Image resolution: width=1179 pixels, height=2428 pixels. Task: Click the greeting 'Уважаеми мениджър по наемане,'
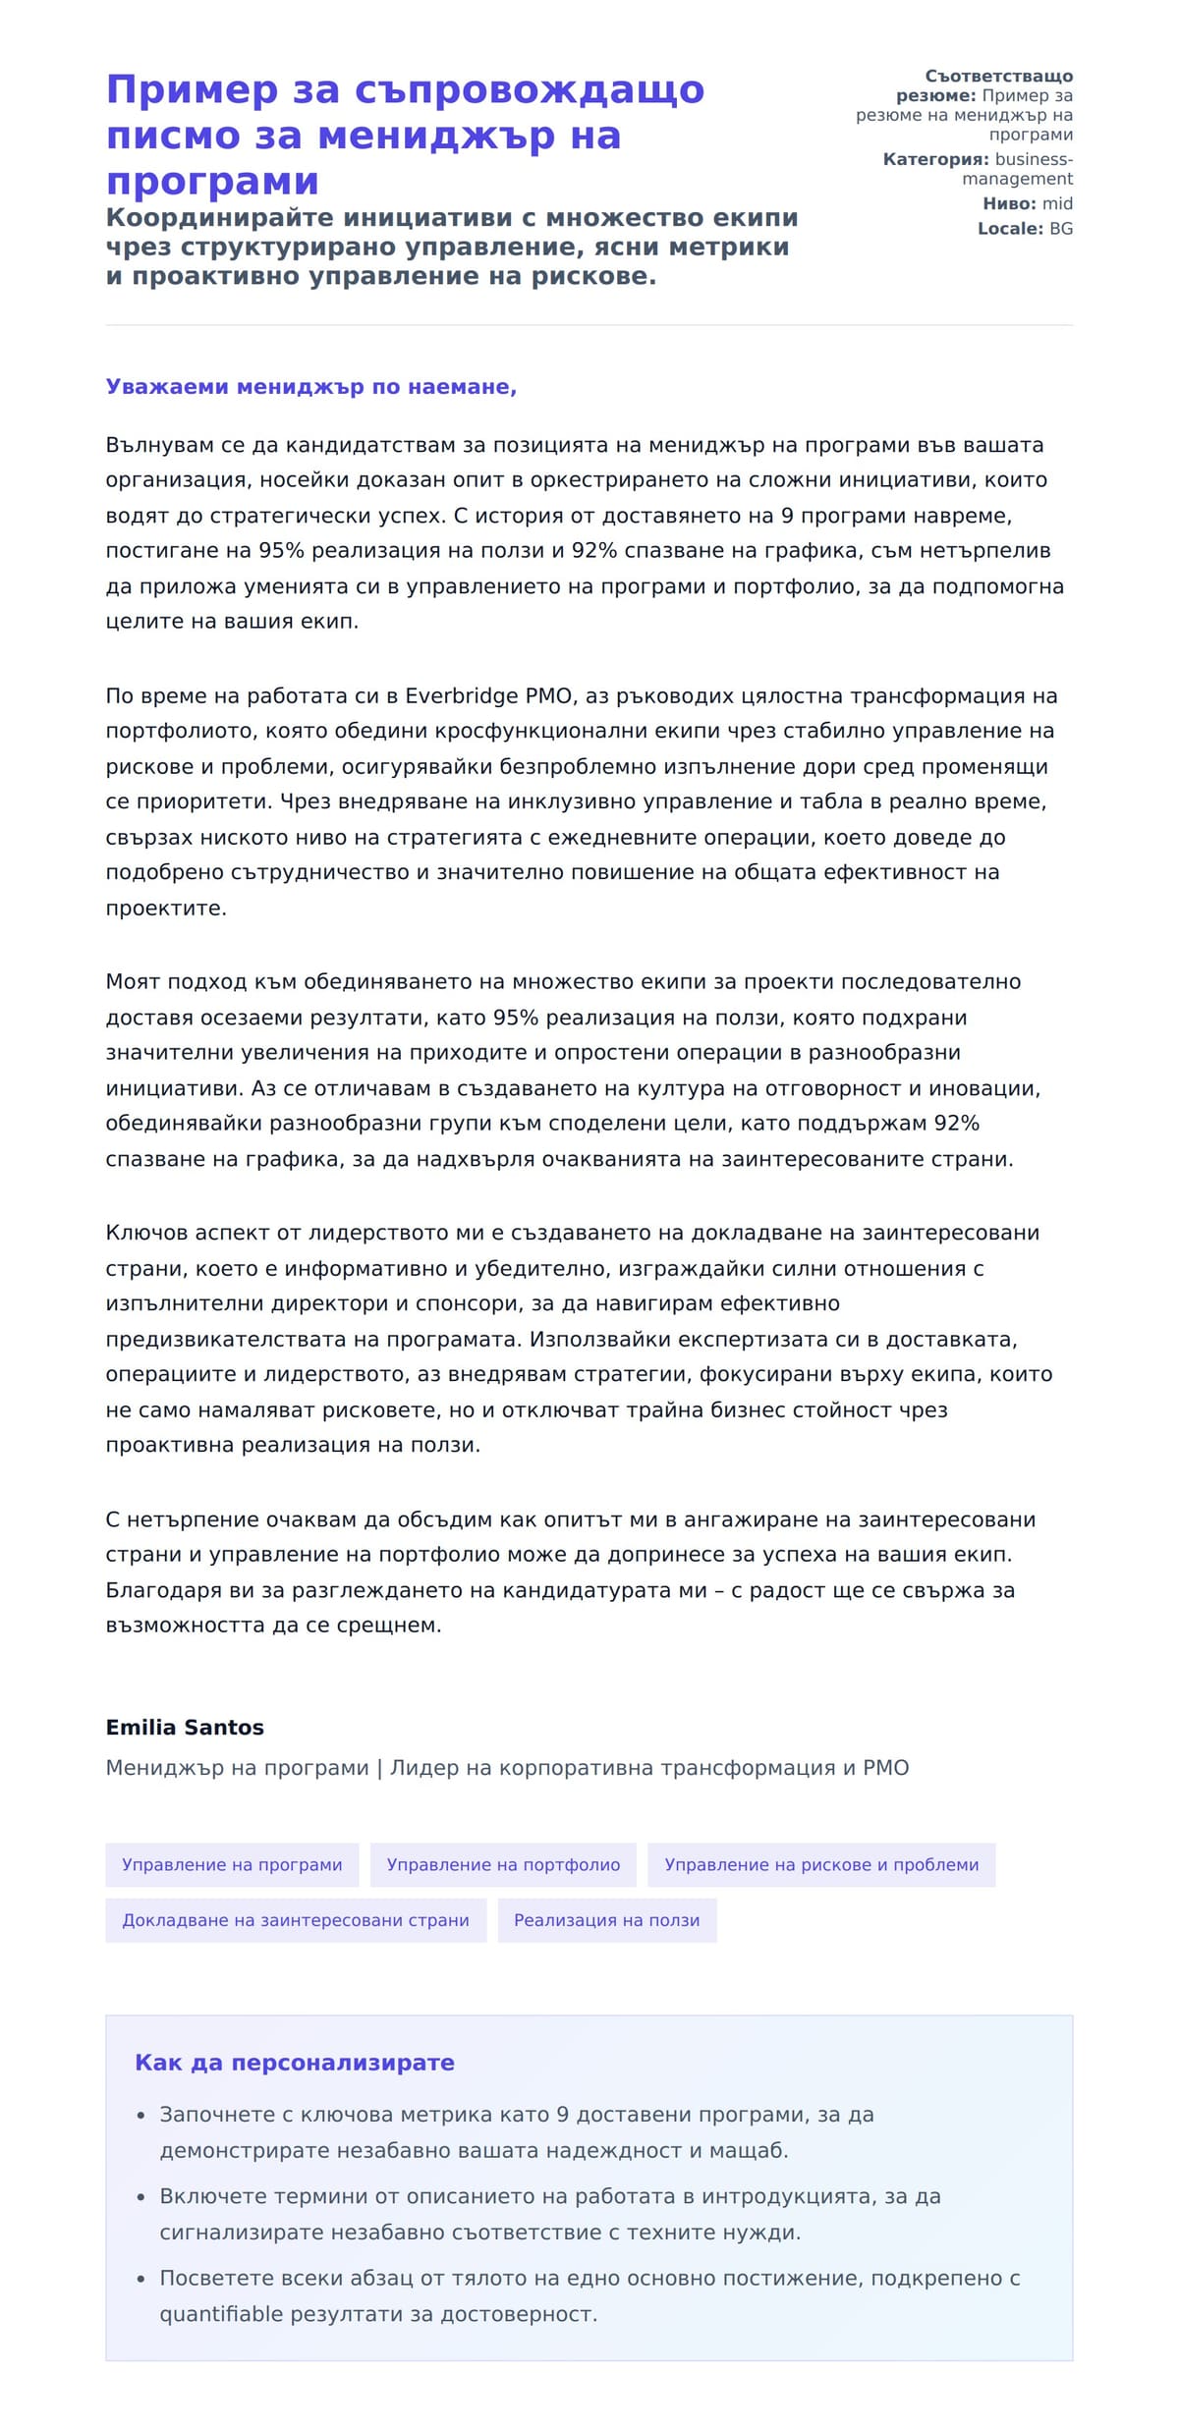[310, 387]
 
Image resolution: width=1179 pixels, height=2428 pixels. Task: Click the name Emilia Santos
[185, 1727]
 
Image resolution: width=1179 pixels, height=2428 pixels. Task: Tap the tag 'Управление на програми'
[232, 1864]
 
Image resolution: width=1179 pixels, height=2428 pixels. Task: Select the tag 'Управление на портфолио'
[503, 1864]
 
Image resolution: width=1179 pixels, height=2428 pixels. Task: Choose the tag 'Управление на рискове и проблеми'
[821, 1864]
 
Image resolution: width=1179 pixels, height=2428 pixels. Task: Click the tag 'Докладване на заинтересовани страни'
[296, 1919]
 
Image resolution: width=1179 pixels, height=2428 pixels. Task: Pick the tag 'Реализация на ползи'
[607, 1919]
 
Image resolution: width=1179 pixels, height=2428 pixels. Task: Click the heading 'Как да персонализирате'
[295, 2063]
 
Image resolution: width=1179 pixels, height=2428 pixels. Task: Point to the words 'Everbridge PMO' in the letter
[489, 696]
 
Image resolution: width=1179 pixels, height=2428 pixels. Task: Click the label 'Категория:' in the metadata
[935, 160]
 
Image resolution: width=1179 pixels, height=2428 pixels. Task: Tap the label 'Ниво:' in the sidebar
[1009, 204]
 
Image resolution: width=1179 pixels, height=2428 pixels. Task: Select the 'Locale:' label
[1010, 229]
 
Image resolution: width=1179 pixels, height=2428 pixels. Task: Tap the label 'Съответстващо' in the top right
[998, 77]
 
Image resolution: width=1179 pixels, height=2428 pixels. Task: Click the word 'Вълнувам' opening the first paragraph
[159, 446]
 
